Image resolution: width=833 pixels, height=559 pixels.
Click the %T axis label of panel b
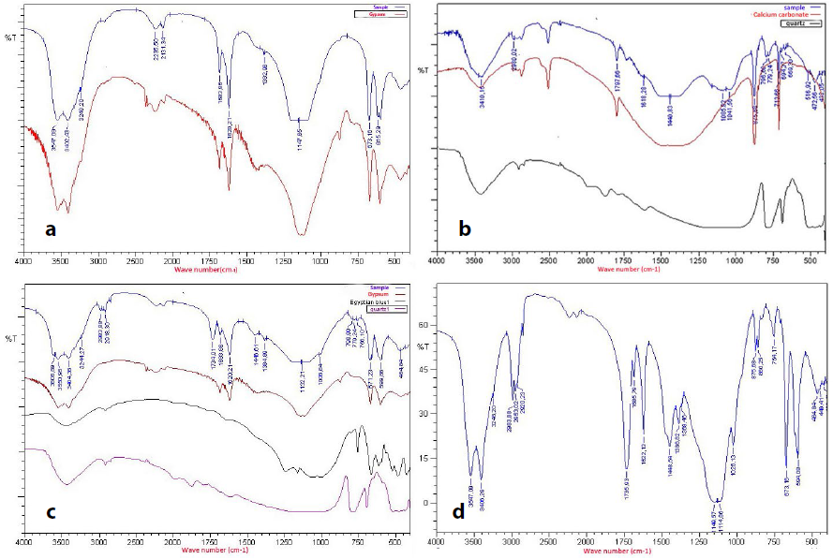(x=423, y=70)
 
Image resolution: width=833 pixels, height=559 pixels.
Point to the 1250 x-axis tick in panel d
(x=698, y=542)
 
